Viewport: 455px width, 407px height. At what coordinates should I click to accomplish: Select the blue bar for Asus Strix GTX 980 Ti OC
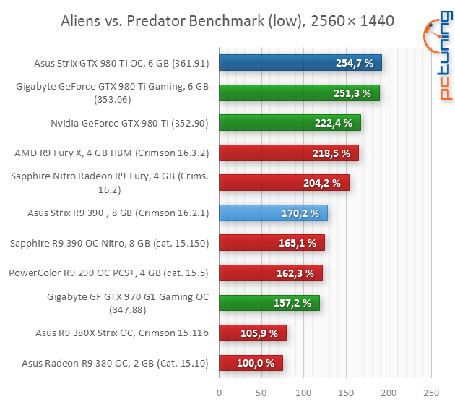pos(300,63)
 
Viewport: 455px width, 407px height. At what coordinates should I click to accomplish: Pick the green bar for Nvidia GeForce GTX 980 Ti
pos(289,123)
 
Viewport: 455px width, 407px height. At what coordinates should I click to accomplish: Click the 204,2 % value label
pos(321,183)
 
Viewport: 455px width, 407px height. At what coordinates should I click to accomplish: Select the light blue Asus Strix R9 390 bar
pos(273,213)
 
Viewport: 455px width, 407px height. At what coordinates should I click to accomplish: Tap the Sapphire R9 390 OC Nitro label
pos(109,243)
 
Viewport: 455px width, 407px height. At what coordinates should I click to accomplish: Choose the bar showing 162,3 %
pos(271,273)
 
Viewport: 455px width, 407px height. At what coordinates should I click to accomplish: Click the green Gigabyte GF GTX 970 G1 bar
pos(269,303)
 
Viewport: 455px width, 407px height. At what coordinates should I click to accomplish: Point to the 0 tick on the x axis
pos(220,393)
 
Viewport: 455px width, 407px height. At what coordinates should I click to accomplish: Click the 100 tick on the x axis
pos(304,393)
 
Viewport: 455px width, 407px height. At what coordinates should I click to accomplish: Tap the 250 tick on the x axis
pos(431,393)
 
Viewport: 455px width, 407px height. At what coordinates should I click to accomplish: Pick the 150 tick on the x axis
pos(347,393)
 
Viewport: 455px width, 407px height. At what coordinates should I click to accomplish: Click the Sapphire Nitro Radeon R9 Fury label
pos(110,182)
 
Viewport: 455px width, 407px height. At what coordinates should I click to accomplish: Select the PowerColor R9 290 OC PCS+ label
pos(108,273)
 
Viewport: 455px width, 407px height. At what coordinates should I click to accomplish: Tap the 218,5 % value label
pos(331,153)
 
